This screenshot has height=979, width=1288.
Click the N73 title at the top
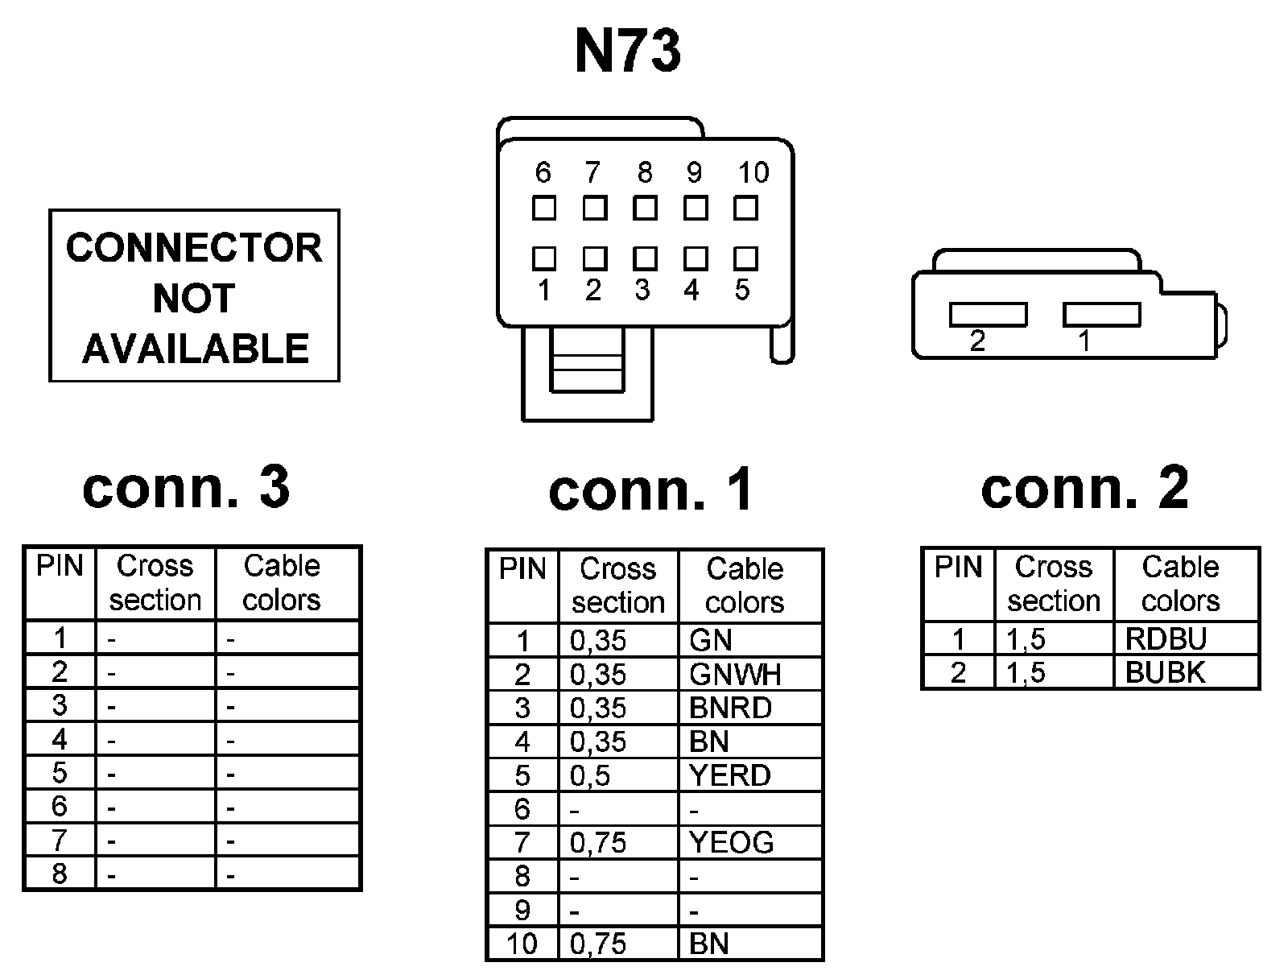[628, 52]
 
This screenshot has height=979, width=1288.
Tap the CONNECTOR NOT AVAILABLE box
[194, 296]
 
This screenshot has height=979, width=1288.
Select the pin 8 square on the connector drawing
[645, 209]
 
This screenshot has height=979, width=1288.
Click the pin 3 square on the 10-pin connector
[645, 258]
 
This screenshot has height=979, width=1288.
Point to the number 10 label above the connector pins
[753, 172]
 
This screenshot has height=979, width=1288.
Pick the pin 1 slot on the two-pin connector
[1101, 314]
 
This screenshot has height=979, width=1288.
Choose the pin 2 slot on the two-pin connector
[988, 314]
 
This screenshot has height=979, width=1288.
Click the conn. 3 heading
[186, 487]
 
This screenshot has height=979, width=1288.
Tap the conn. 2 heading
[1084, 487]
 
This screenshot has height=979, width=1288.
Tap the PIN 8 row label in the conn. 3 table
[60, 874]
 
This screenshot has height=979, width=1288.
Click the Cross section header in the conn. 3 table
[155, 583]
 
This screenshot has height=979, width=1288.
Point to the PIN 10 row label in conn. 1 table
[522, 944]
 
